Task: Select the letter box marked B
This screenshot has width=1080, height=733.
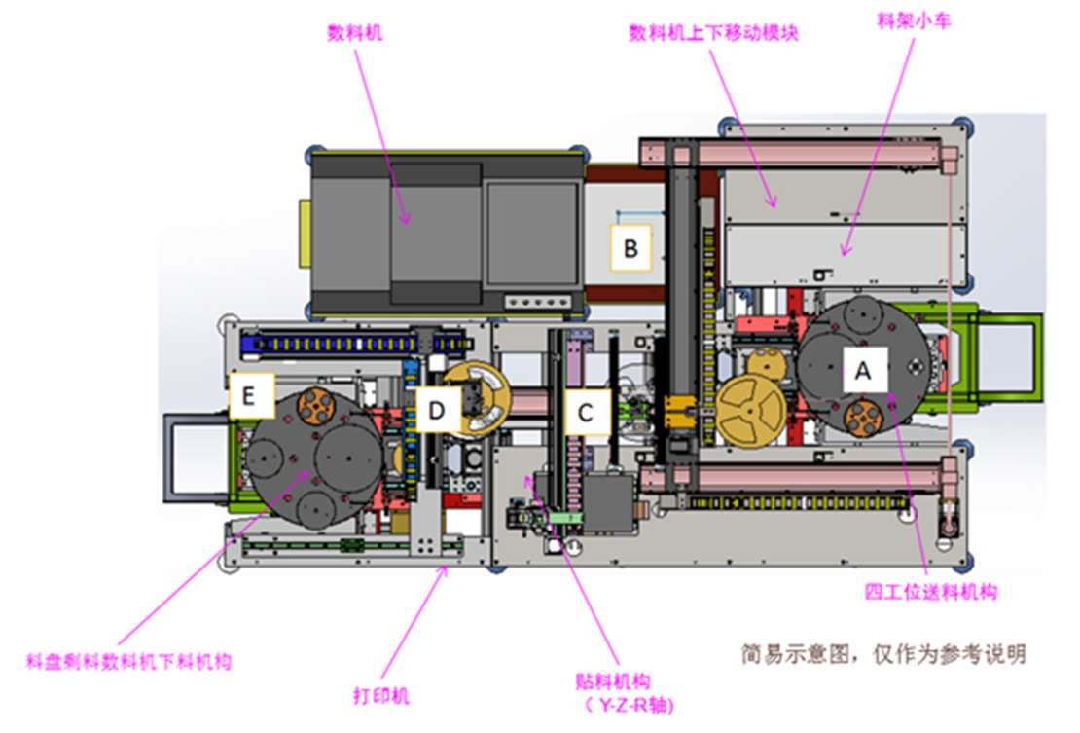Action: point(630,247)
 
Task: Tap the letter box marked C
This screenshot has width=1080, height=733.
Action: point(586,412)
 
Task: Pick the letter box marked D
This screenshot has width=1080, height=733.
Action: point(437,410)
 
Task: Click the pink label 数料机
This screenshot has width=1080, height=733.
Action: point(355,33)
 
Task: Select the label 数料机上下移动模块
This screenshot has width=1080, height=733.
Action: point(713,33)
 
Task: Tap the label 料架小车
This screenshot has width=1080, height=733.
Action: point(914,20)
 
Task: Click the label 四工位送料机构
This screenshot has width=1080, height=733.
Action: point(930,592)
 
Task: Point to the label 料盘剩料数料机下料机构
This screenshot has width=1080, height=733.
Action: point(128,661)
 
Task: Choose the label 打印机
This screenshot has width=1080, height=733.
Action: point(380,695)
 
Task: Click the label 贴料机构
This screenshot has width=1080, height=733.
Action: point(612,682)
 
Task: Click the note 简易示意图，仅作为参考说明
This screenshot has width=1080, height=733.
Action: point(883,654)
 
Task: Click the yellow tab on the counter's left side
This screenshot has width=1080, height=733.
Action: point(305,234)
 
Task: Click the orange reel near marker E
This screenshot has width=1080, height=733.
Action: point(315,407)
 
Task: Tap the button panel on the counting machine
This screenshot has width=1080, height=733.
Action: point(538,302)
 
